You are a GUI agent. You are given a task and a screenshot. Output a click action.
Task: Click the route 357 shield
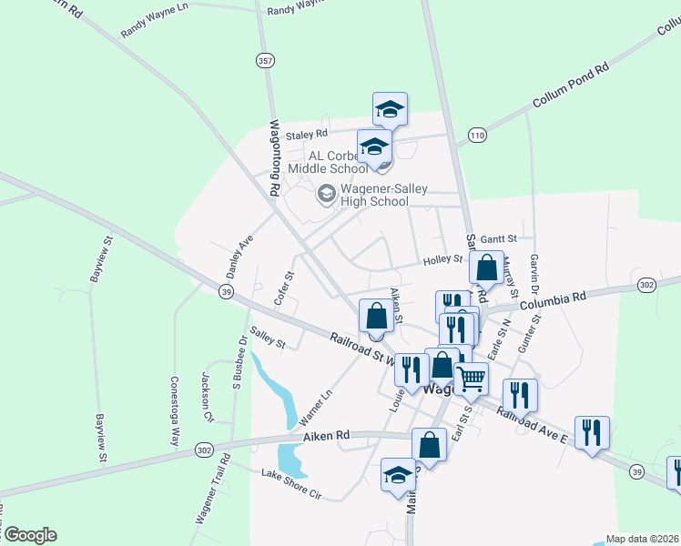[x=264, y=61]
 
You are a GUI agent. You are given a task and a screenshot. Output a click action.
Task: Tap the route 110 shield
[x=477, y=136]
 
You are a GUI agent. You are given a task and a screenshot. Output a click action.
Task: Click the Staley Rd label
[x=306, y=135]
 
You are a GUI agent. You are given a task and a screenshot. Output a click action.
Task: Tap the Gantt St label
[x=500, y=238]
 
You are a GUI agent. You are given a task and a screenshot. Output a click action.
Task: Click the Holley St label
[x=443, y=260]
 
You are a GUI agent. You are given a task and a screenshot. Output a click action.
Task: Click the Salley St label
[x=269, y=339]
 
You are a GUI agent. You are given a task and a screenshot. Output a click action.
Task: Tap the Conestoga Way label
[x=176, y=411]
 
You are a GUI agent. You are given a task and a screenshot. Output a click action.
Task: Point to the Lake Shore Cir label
[x=291, y=484]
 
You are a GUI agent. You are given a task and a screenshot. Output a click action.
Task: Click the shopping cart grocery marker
[x=471, y=378]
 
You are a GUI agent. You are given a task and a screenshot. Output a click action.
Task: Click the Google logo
[x=29, y=535]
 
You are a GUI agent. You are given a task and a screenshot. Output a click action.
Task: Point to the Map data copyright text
[x=642, y=539]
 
